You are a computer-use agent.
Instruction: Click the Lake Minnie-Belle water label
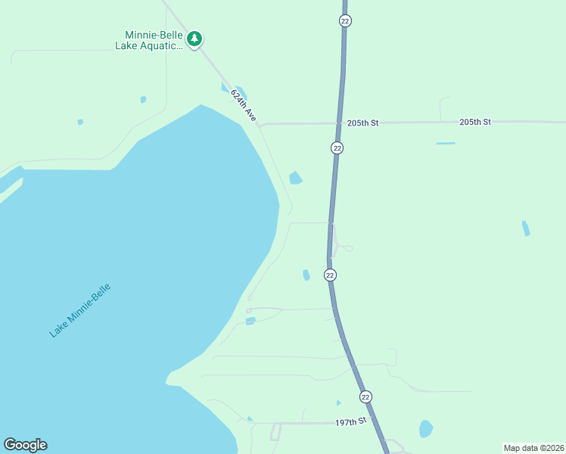point(79,310)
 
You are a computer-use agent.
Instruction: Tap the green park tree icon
point(194,39)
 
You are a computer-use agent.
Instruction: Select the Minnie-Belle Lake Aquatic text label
point(149,40)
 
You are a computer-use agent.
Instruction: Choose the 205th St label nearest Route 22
point(362,123)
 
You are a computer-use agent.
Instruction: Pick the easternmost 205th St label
point(475,122)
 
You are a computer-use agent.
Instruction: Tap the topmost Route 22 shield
point(345,21)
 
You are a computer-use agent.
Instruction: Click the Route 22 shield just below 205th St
point(337,148)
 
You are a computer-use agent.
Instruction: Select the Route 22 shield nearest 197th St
point(365,396)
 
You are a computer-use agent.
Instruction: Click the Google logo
point(25,445)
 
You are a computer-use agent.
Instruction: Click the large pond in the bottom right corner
point(426,429)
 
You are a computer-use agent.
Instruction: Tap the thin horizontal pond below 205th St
point(446,143)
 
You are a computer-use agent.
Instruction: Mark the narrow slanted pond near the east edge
point(526,228)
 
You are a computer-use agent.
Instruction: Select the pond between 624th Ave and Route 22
point(295,179)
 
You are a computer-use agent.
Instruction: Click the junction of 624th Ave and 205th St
point(261,125)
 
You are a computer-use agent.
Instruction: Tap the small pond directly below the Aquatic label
point(143,99)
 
